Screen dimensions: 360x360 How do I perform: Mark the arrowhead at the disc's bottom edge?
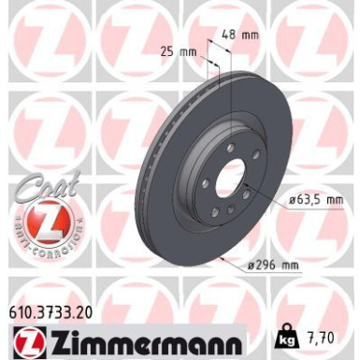pos(224,258)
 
